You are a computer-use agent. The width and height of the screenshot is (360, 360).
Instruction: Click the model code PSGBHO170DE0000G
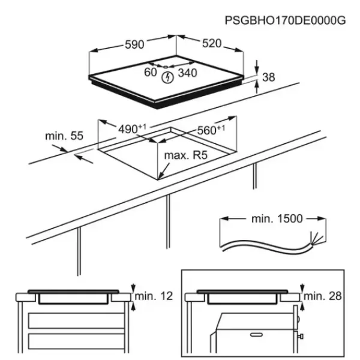[x=285, y=20]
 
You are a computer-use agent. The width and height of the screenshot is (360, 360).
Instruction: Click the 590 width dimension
[x=134, y=44]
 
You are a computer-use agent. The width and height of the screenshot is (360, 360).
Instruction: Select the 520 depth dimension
[x=212, y=43]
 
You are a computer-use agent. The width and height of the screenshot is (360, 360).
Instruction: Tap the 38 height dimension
[x=268, y=77]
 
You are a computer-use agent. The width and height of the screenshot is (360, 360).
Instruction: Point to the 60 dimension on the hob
[x=151, y=72]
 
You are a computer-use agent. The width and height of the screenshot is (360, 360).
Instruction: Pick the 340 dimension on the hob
[x=188, y=73]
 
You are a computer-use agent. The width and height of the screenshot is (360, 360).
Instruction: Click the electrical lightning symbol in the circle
[x=167, y=77]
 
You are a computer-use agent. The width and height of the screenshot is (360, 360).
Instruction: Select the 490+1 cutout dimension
[x=132, y=129]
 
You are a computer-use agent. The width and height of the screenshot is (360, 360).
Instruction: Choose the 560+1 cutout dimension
[x=211, y=130]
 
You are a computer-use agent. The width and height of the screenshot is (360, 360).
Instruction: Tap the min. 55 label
[x=64, y=136]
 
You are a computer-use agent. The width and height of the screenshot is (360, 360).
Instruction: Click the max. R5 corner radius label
[x=186, y=155]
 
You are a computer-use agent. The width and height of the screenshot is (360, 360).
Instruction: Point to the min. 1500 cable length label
[x=277, y=219]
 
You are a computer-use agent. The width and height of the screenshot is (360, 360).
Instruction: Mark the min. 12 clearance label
[x=154, y=296]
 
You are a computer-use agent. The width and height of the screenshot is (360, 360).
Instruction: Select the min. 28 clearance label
[x=323, y=296]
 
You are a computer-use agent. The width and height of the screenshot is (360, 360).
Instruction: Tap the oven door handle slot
[x=256, y=335]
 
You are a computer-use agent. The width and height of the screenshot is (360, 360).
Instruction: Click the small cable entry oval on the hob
[x=166, y=67]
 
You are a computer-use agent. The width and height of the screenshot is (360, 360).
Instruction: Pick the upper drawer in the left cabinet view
[x=76, y=320]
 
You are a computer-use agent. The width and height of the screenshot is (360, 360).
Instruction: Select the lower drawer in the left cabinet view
[x=76, y=341]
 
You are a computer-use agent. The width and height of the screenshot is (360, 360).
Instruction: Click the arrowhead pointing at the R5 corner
[x=160, y=176]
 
